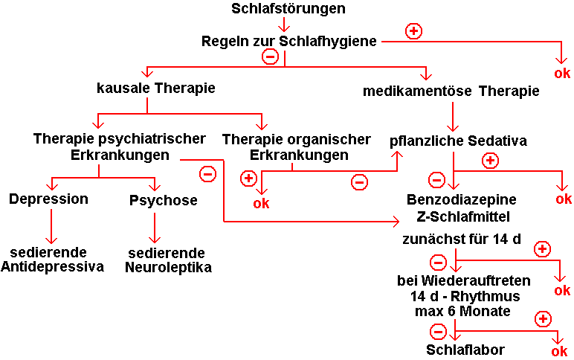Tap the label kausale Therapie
click(155, 88)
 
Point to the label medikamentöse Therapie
click(451, 91)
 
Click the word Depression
click(49, 199)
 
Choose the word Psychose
click(164, 200)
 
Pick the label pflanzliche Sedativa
click(459, 140)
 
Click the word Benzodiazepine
click(462, 200)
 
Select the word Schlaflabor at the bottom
click(465, 350)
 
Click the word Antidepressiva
click(52, 267)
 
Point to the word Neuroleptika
click(170, 267)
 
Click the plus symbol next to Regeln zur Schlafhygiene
click(413, 30)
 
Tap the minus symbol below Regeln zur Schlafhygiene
click(270, 56)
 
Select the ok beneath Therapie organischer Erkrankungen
click(262, 203)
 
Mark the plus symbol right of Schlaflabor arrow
click(543, 319)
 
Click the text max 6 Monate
click(462, 311)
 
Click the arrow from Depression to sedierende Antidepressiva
click(51, 226)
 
